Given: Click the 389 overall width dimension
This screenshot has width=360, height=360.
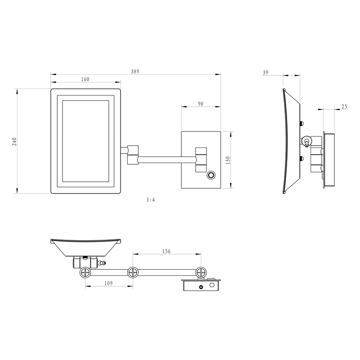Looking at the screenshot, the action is [x=135, y=72].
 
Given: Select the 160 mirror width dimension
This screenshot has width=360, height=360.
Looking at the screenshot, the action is [x=85, y=79].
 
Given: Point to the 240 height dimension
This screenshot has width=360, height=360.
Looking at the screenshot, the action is [x=14, y=141].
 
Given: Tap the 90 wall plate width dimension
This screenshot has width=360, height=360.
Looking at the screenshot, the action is [x=201, y=104].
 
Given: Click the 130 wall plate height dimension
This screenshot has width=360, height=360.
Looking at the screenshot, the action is [x=228, y=160].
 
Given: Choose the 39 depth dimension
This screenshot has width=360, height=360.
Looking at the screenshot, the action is [x=265, y=72].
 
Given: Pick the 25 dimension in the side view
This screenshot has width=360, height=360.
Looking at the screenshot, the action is [x=344, y=107].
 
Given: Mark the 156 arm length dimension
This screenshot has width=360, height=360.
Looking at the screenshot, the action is [x=167, y=251].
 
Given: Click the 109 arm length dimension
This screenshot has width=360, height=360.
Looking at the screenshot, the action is [x=108, y=283].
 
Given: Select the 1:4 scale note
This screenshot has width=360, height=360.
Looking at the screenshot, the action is [x=151, y=200].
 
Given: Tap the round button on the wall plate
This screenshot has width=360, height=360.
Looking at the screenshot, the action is [x=211, y=175].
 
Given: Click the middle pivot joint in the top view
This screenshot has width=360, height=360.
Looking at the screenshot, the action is [x=133, y=272].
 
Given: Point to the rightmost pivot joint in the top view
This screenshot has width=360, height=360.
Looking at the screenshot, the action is [x=201, y=272].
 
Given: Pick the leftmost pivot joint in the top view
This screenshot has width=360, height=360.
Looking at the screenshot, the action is [x=85, y=272].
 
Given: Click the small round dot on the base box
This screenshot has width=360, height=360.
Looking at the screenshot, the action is [x=201, y=287].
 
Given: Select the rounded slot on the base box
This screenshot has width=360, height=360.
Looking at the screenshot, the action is [x=212, y=285].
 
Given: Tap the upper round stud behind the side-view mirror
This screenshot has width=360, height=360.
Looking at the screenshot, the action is [x=302, y=124].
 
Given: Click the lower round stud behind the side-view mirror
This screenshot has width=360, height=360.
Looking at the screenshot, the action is [x=302, y=158].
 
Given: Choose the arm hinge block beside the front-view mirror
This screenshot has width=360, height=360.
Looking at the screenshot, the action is [x=133, y=155].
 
